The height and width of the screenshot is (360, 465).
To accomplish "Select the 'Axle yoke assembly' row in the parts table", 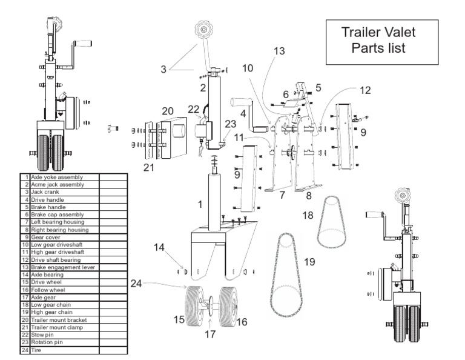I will pyautogui.click(x=58, y=177).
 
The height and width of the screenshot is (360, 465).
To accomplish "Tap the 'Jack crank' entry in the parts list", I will pyautogui.click(x=58, y=192).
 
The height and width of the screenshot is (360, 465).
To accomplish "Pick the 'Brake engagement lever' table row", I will pyautogui.click(x=58, y=267).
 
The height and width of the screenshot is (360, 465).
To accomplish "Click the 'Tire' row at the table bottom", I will pyautogui.click(x=58, y=350).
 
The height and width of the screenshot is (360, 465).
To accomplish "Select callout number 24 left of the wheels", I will pyautogui.click(x=138, y=283).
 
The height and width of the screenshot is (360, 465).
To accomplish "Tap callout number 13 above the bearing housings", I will pyautogui.click(x=279, y=53).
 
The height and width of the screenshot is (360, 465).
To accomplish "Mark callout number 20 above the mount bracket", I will pyautogui.click(x=167, y=112).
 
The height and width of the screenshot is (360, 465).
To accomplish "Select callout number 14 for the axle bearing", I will pyautogui.click(x=159, y=247).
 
